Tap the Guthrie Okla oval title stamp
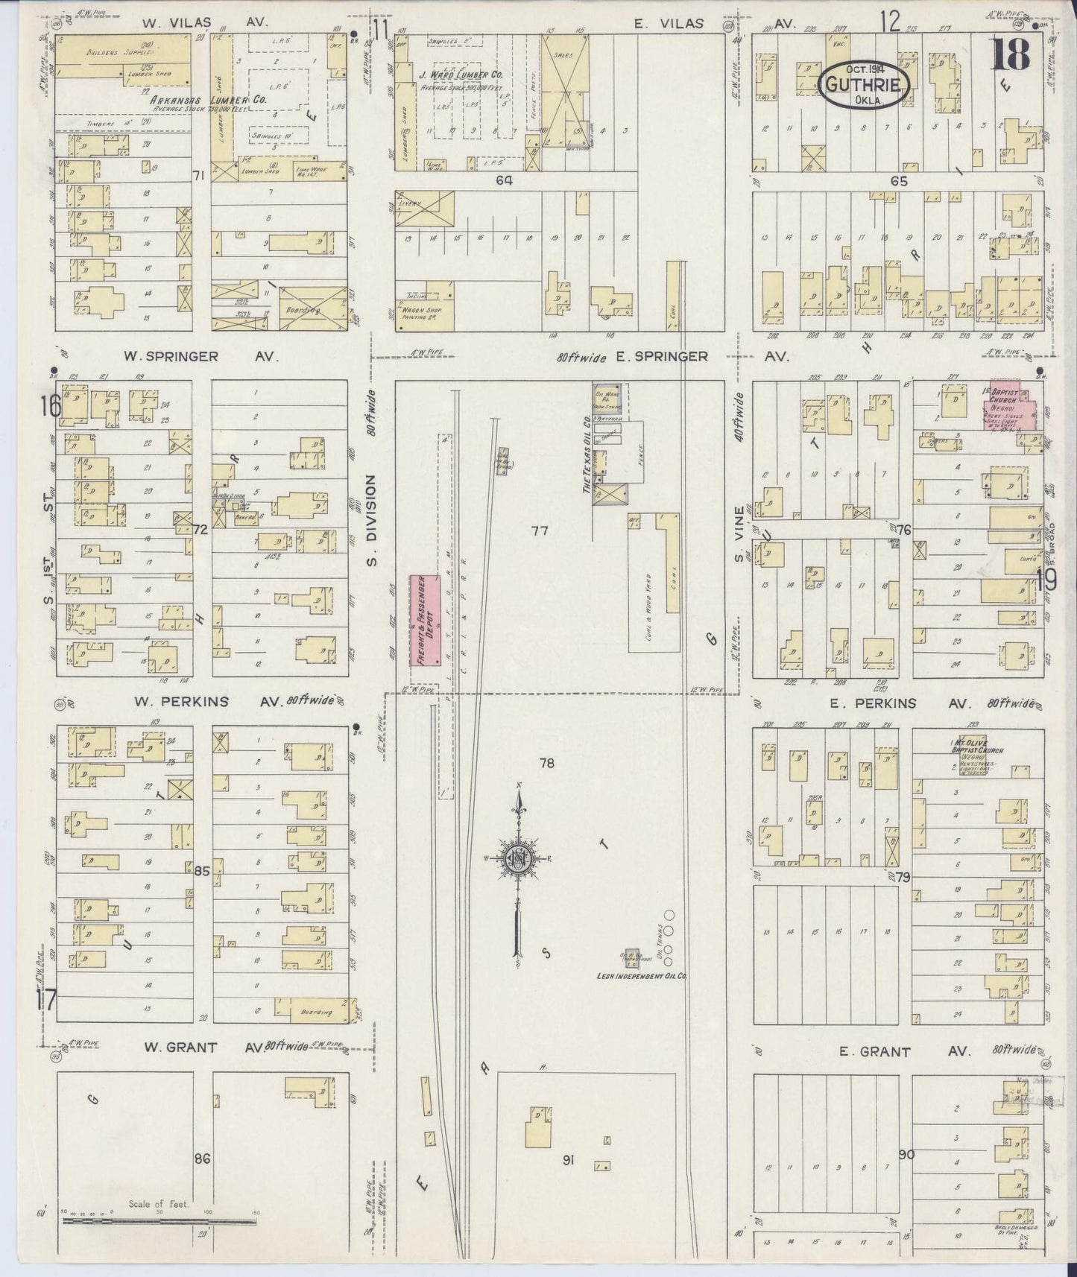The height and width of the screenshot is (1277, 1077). pos(865,87)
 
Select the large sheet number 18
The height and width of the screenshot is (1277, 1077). pos(1012,53)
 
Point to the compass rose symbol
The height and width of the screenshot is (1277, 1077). pos(517,858)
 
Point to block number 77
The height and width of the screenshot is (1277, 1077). pos(540,530)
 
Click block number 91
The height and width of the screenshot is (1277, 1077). pos(569,1160)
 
